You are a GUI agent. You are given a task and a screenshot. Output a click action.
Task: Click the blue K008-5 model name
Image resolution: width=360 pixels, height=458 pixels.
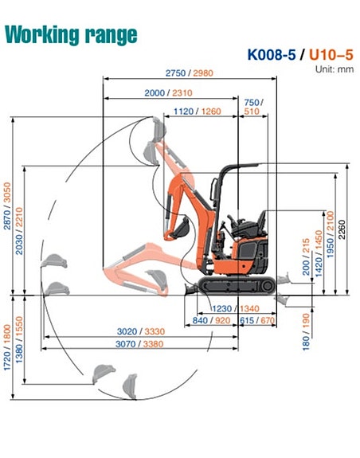point(272,55)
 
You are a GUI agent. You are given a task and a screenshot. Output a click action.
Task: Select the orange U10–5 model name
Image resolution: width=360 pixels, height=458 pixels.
point(331,55)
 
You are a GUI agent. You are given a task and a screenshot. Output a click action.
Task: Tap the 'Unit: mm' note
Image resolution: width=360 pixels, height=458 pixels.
point(335,69)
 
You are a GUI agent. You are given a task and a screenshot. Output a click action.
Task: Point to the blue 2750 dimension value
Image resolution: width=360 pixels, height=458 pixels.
point(176,73)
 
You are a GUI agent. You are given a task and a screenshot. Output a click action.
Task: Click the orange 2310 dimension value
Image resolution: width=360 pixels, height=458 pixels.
point(182,93)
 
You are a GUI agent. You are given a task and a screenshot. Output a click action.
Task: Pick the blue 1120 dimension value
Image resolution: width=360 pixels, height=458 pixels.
point(184,112)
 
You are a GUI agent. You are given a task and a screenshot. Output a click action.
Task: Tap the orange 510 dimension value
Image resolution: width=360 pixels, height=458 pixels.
point(252,112)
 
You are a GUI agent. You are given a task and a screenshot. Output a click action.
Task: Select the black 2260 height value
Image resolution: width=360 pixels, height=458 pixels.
point(342,229)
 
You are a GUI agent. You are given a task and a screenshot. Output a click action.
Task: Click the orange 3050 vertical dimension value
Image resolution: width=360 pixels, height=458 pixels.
point(7,192)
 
